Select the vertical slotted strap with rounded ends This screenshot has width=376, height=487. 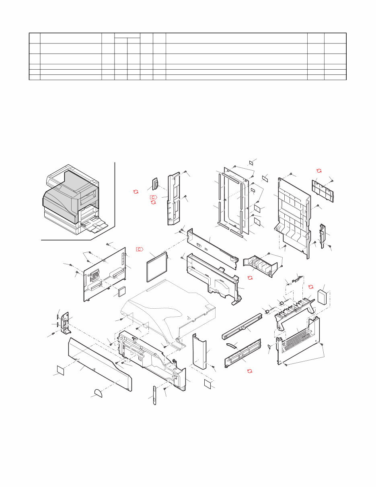point(154,395)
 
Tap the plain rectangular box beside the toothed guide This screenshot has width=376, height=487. point(323,297)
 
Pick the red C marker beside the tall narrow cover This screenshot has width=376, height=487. point(154,197)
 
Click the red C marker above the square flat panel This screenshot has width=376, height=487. point(140,249)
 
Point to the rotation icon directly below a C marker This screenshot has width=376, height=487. point(153,202)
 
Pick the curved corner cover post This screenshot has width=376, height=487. point(199,351)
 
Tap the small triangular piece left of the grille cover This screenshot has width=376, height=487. point(269,347)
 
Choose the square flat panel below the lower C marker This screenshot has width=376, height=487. point(157,267)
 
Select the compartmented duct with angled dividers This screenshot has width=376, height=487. point(258,266)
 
